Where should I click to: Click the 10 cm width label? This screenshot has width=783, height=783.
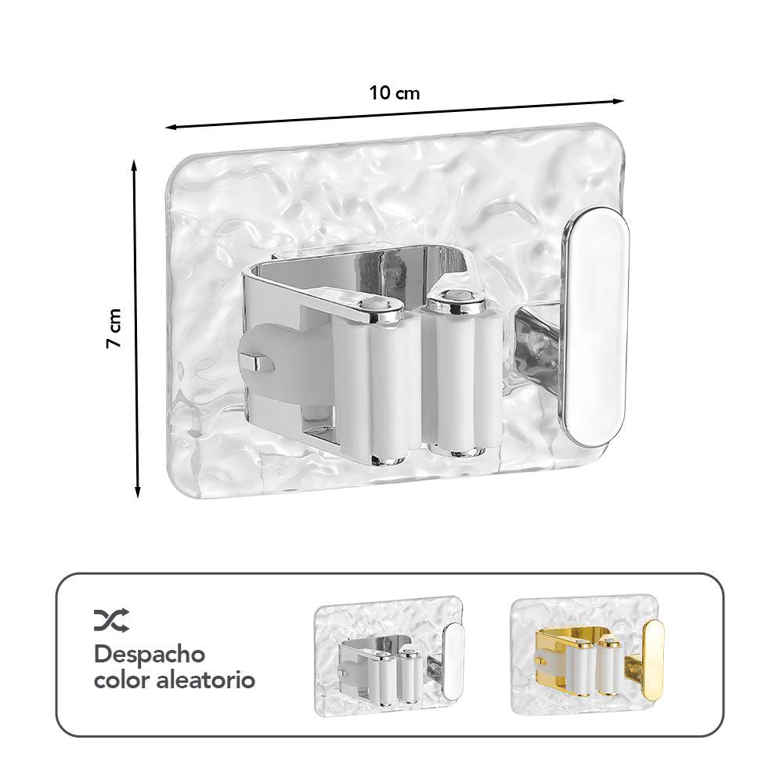395,93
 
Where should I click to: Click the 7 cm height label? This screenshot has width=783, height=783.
115,329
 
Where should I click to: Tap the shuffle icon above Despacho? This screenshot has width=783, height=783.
111,620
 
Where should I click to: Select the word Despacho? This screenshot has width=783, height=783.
150,654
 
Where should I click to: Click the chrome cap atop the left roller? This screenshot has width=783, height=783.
373,308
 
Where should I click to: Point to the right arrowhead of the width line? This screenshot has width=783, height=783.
619,100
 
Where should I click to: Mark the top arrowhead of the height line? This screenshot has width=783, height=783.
135,164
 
